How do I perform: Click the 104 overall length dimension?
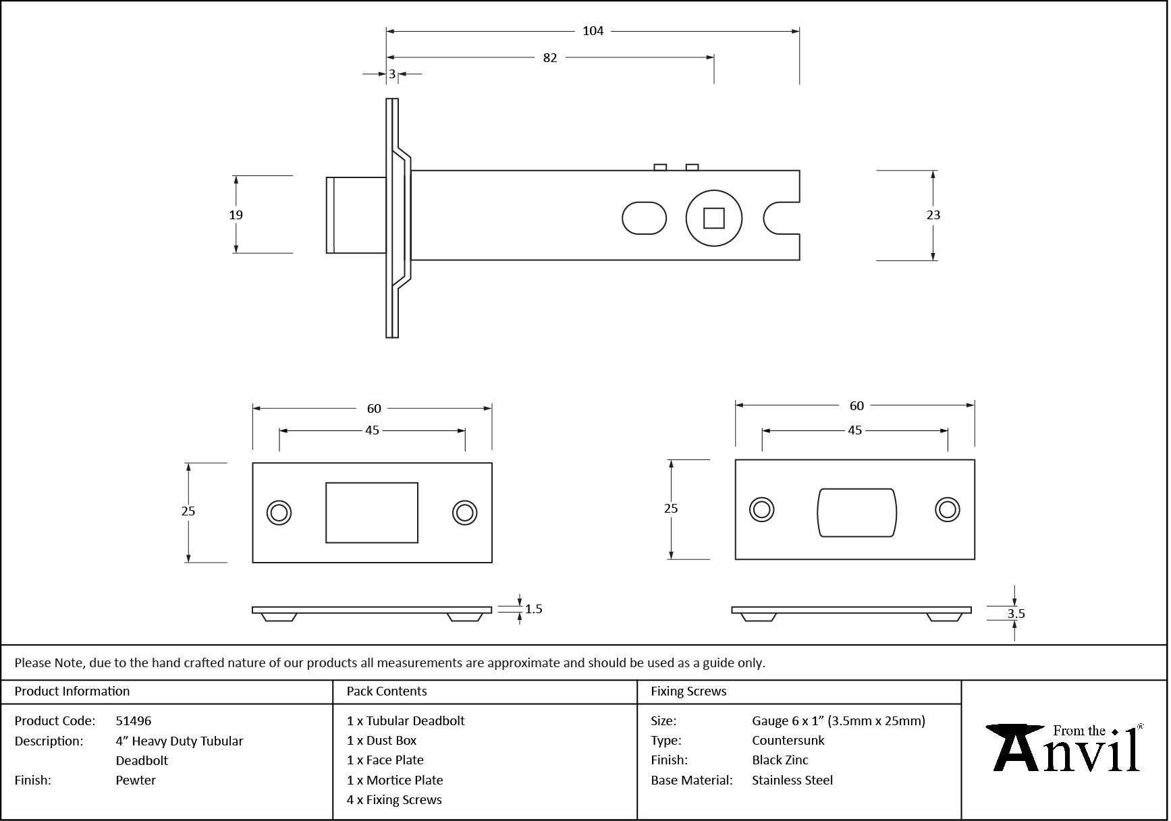(593, 31)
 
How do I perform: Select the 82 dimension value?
(549, 58)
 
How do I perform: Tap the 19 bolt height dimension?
(236, 215)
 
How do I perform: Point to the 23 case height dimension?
(933, 215)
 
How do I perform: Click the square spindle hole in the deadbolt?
(713, 219)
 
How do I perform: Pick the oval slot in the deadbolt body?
(643, 218)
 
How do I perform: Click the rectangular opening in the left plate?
(371, 512)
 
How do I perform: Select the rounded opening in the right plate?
(856, 513)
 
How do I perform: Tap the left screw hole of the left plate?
(278, 513)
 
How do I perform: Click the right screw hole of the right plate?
(947, 509)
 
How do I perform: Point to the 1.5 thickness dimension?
(533, 609)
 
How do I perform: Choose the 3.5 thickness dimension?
(1015, 614)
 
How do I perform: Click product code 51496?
(134, 720)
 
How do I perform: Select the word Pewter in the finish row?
(136, 780)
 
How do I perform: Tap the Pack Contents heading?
(387, 691)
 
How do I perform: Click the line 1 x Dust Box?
(381, 741)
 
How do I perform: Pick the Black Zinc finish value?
(780, 760)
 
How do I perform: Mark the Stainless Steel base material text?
(792, 780)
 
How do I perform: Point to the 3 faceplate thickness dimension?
(391, 74)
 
